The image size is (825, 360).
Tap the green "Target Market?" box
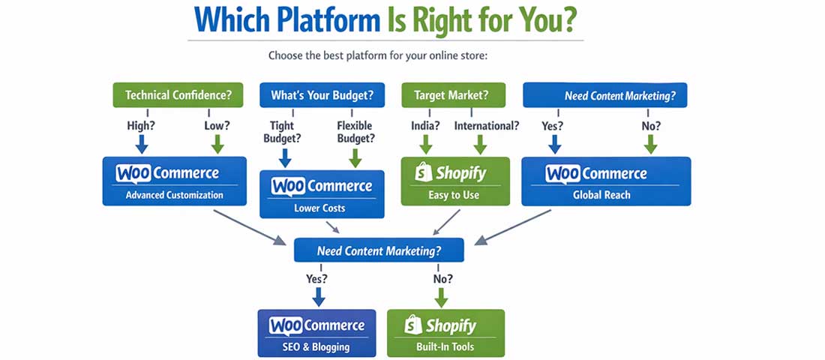coord(454,95)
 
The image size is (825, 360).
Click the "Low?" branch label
coord(218,126)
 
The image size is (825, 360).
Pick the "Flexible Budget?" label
coord(355,132)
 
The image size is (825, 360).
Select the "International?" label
coord(486,126)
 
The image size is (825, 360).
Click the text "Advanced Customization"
coord(174,195)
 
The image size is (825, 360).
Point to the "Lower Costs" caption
coord(320,208)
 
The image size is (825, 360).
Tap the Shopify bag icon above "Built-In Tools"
coord(412,325)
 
